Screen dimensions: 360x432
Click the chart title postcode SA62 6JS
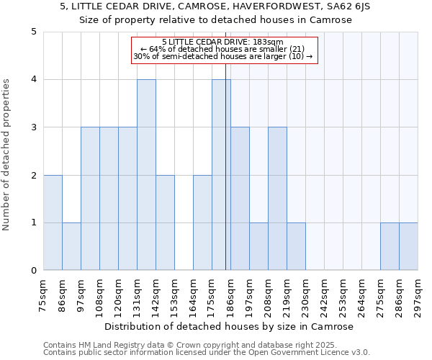point(352,7)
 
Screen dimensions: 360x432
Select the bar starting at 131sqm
point(146,175)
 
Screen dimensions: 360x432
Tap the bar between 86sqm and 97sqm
point(71,246)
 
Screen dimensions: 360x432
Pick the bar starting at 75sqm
point(53,222)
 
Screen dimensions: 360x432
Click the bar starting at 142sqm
point(165,222)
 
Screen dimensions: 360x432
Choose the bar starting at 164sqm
point(202,222)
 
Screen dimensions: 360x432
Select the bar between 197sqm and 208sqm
point(258,246)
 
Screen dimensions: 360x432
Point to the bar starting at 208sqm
point(277,199)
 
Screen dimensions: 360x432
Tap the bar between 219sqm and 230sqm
point(296,246)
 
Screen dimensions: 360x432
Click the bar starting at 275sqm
point(390,246)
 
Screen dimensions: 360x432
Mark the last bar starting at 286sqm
point(408,246)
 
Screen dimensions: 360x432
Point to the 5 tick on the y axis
point(33,32)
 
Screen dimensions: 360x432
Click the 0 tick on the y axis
point(33,271)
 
